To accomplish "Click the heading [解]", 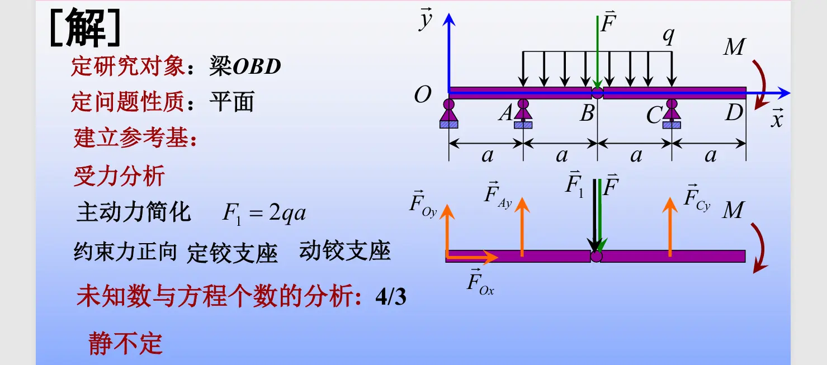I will (85, 29).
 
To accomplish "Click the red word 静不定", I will (125, 343).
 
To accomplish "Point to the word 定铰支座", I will (232, 253).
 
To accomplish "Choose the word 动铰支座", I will (344, 251).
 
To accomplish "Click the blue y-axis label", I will (426, 20).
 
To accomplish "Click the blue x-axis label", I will (777, 118).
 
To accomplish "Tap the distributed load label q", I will (668, 36).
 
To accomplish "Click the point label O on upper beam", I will (423, 96).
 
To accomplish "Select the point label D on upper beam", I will (734, 113).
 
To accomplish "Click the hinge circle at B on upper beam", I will (597, 93).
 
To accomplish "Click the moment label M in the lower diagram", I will (733, 211).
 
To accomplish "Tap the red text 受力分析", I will (119, 177).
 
